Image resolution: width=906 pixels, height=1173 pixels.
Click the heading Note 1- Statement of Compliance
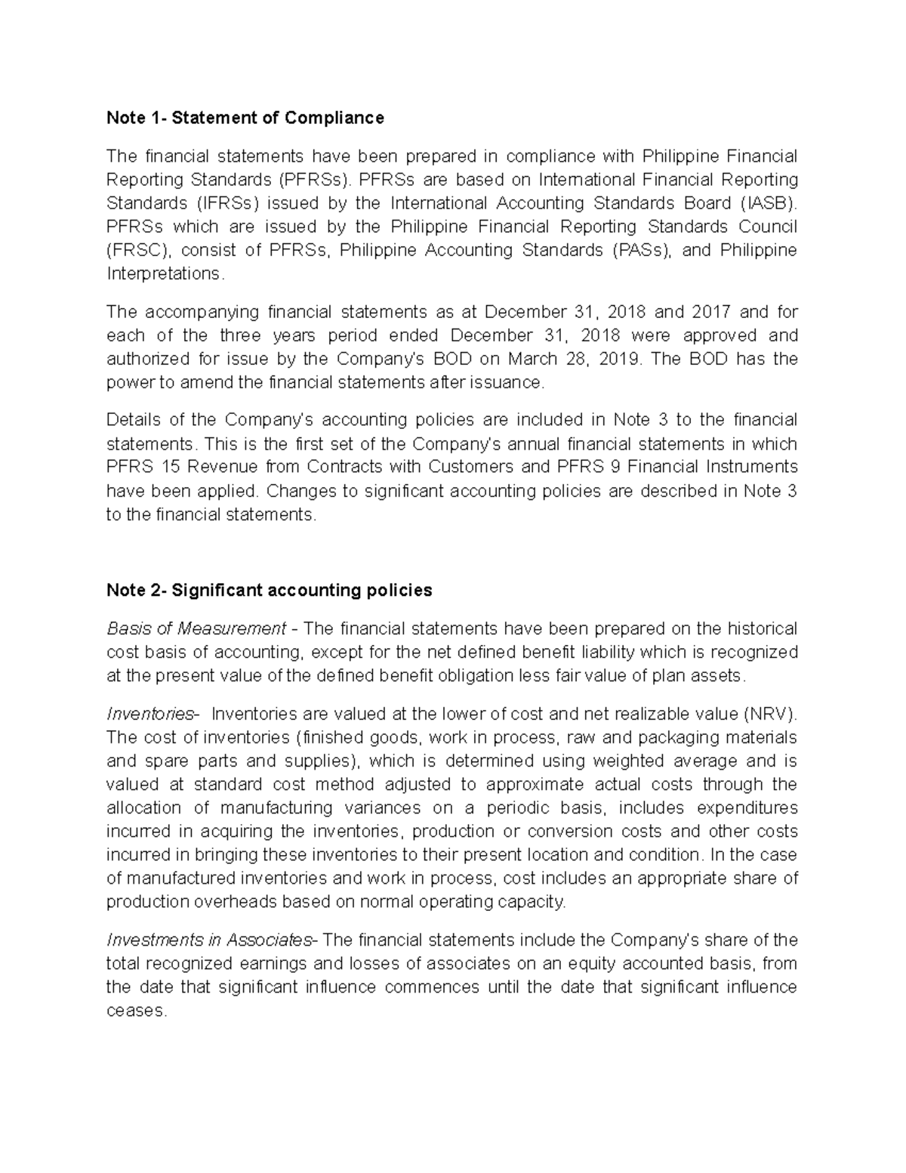[245, 118]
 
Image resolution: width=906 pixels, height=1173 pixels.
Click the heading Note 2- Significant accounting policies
[270, 590]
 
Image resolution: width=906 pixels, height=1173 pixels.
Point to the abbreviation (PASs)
[641, 250]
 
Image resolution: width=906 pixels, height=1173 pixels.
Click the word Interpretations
[164, 273]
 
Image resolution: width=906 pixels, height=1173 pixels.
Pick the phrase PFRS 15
[143, 467]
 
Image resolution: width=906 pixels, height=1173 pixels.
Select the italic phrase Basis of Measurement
[196, 628]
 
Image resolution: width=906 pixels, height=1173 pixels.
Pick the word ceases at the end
[135, 1011]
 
